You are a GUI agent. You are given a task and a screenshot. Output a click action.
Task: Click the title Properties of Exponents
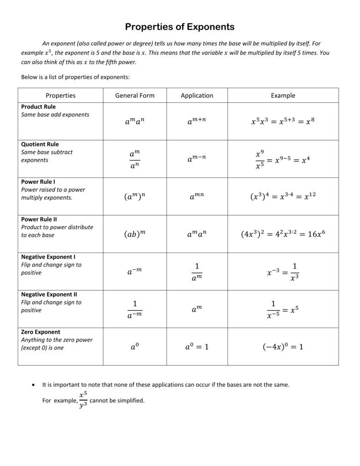pyautogui.click(x=180, y=27)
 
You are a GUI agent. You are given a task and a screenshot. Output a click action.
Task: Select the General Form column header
pyautogui.click(x=135, y=96)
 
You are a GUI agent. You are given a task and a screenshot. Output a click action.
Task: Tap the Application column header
pyautogui.click(x=197, y=96)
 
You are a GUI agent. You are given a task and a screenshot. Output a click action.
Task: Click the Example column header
pyautogui.click(x=283, y=96)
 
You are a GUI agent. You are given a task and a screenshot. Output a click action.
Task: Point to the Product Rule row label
pyautogui.click(x=39, y=106)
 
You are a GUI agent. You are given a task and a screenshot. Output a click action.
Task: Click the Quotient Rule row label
pyautogui.click(x=40, y=144)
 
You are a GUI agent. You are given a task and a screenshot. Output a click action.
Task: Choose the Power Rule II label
pyautogui.click(x=39, y=219)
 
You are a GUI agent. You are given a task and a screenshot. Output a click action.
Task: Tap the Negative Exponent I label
pyautogui.click(x=48, y=257)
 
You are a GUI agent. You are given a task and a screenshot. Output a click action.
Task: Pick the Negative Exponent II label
pyautogui.click(x=49, y=294)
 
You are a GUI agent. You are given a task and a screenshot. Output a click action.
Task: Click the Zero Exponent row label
pyautogui.click(x=41, y=332)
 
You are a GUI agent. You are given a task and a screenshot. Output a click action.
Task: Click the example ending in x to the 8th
pyautogui.click(x=283, y=122)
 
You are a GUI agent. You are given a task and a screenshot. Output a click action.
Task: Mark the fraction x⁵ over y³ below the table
pyautogui.click(x=83, y=400)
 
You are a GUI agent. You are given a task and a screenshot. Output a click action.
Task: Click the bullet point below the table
pyautogui.click(x=33, y=385)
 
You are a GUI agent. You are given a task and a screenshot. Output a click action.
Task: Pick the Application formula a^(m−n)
pyautogui.click(x=197, y=159)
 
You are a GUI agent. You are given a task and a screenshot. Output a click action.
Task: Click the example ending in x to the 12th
pyautogui.click(x=283, y=197)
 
